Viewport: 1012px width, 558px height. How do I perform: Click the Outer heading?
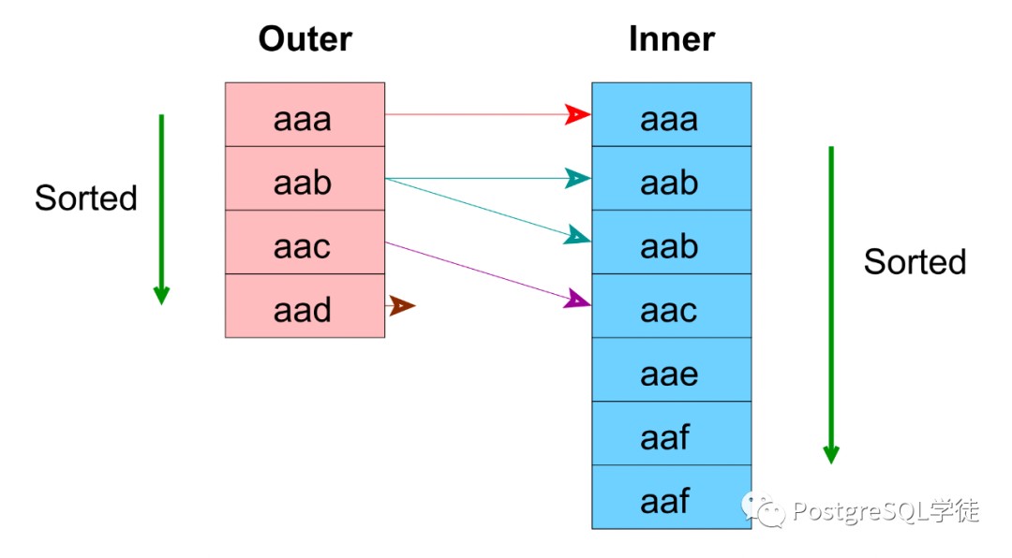(305, 38)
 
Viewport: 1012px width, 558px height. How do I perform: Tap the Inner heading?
(671, 38)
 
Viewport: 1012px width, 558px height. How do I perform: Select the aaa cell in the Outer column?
(305, 114)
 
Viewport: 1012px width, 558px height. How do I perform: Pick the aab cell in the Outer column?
(305, 178)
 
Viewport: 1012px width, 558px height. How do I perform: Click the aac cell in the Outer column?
(305, 242)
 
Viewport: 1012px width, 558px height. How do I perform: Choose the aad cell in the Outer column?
(305, 306)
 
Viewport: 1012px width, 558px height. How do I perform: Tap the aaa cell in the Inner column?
(671, 114)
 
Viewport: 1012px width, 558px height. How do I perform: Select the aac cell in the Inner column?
(671, 306)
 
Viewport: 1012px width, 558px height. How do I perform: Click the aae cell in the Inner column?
(671, 370)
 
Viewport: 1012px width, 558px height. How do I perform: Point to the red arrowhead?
(577, 114)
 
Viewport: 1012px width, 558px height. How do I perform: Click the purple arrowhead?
(577, 300)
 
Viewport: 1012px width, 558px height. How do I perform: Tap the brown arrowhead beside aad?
(402, 306)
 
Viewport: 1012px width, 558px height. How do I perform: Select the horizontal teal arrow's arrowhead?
(577, 178)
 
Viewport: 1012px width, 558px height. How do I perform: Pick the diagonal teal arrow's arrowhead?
(577, 236)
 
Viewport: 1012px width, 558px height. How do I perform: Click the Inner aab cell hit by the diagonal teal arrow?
(671, 242)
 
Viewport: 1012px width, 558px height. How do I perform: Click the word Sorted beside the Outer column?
(86, 198)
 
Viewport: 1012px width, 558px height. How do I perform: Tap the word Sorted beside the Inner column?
(915, 262)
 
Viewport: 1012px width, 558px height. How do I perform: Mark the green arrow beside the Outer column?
(161, 210)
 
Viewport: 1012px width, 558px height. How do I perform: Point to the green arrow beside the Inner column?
(831, 305)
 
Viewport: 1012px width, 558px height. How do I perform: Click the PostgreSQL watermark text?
(885, 511)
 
